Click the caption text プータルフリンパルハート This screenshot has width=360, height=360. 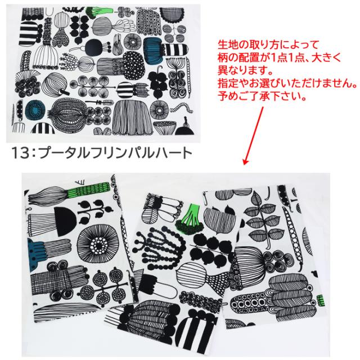coord(115,153)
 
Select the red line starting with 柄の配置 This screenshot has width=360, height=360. coord(280,57)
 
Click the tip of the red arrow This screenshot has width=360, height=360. coord(245,164)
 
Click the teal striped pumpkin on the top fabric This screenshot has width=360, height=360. coord(153,49)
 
